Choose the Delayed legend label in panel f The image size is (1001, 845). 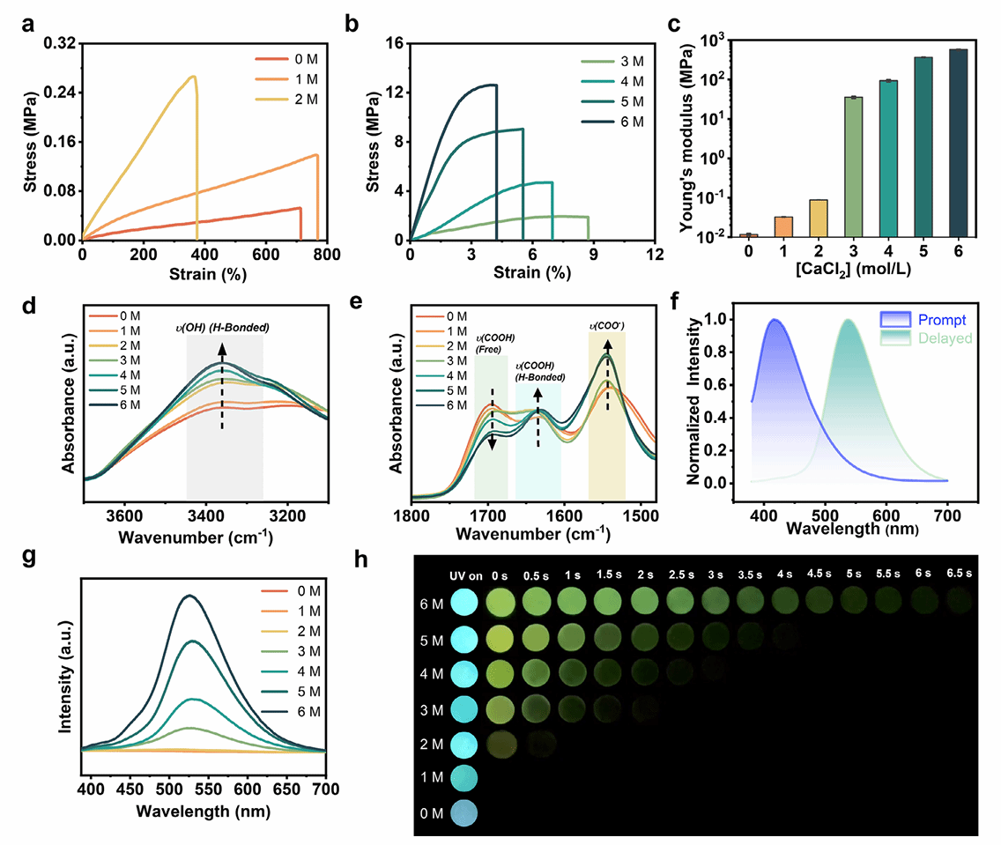[x=944, y=337]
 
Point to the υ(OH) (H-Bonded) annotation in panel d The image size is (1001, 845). [x=221, y=329]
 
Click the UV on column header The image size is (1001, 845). [x=463, y=574]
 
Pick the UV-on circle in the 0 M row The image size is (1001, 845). [x=464, y=812]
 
